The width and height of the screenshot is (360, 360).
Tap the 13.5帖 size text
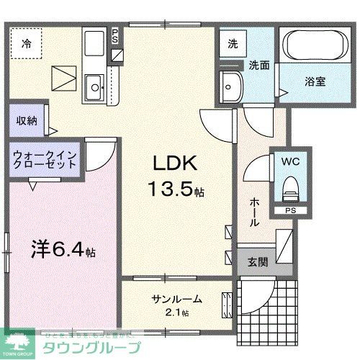(x=175, y=191)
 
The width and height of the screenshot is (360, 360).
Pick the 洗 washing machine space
(x=233, y=43)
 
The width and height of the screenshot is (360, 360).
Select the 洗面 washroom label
(x=259, y=65)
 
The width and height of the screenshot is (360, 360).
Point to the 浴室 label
(x=315, y=81)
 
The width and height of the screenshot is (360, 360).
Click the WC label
(x=291, y=161)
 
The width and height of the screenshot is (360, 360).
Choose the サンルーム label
(x=176, y=299)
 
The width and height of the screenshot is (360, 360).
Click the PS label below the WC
(x=291, y=211)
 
